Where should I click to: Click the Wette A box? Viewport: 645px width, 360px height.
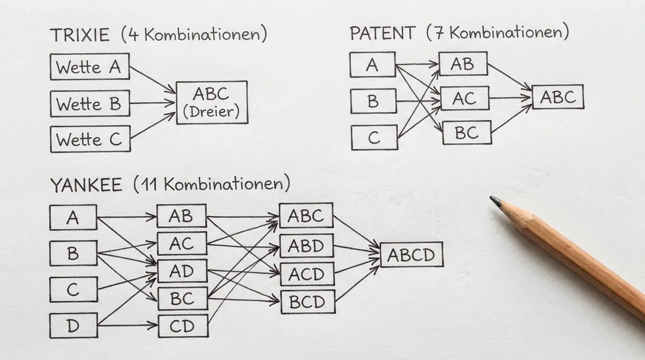(x=90, y=67)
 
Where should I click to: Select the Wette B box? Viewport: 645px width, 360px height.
(x=90, y=104)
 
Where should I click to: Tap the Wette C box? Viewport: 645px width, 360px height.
(x=90, y=139)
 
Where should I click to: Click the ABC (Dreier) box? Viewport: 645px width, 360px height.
(x=212, y=103)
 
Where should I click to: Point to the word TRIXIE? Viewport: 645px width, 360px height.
(x=80, y=35)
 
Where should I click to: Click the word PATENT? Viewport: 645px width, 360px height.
(x=382, y=33)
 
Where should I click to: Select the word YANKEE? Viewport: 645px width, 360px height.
(x=86, y=185)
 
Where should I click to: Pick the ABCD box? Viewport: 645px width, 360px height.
(x=412, y=255)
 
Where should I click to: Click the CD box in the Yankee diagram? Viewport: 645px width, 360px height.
(x=183, y=326)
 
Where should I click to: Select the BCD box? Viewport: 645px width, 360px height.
(x=308, y=302)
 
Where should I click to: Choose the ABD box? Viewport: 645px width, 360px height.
(x=307, y=246)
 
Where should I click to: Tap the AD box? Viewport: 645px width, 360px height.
(x=182, y=271)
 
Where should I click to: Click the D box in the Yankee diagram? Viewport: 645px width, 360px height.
(x=74, y=325)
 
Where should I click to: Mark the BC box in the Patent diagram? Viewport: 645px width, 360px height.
(x=467, y=133)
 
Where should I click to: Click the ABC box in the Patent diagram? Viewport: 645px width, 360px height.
(x=558, y=97)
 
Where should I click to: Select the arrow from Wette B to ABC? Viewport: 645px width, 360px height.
(x=152, y=103)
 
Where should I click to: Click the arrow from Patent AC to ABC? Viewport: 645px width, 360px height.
(x=510, y=97)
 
